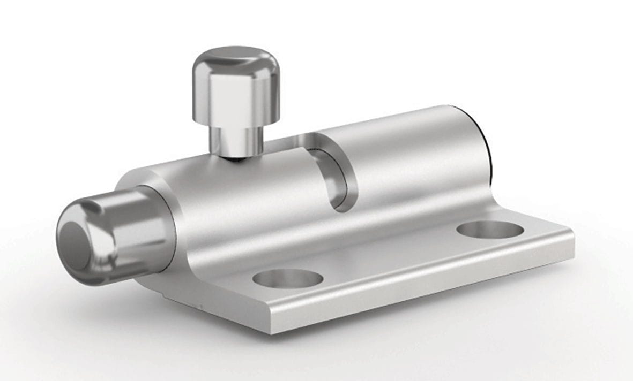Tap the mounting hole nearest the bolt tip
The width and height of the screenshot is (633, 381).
click(x=288, y=278)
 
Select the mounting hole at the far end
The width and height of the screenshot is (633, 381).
click(x=490, y=230)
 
